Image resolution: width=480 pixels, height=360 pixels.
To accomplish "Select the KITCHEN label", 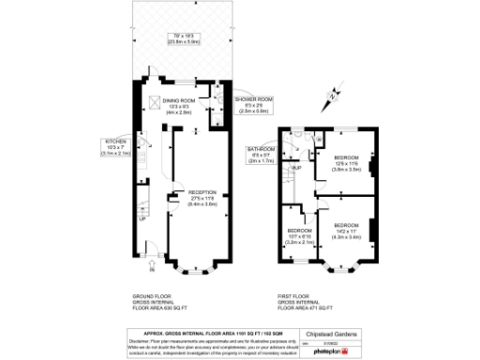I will [x=117, y=142].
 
